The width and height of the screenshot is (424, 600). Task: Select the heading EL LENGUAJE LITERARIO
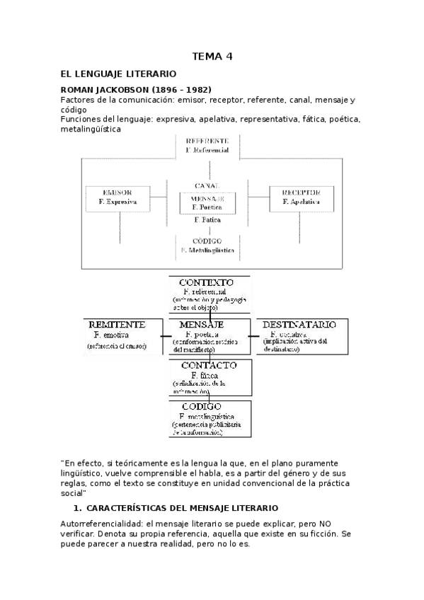118,74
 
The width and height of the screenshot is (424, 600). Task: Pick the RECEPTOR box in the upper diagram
302,197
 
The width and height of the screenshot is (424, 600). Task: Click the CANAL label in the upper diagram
207,185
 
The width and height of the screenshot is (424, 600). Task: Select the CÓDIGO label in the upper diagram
207,241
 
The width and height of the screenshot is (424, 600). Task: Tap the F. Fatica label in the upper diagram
207,220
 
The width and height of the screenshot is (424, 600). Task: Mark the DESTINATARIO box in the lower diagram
304,335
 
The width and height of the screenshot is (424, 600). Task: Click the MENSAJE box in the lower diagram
209,336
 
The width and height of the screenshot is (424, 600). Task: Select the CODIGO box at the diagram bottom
209,419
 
